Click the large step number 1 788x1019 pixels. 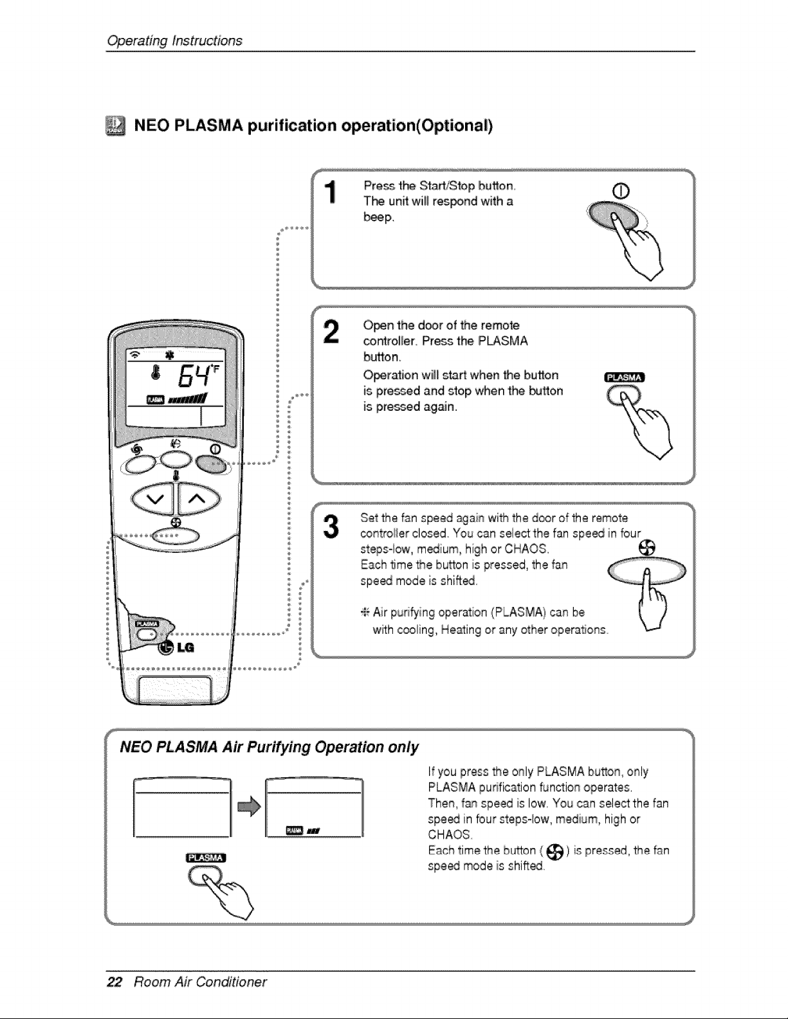(x=331, y=192)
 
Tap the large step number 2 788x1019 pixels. (x=331, y=332)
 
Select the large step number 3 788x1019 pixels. (x=331, y=526)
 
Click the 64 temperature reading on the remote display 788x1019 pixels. (x=192, y=375)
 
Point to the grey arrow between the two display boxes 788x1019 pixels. (x=249, y=806)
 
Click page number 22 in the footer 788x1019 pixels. (x=115, y=982)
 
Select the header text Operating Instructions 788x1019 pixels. (x=174, y=41)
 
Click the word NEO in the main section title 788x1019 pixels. (x=152, y=125)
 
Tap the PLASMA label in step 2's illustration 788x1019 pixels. (x=625, y=377)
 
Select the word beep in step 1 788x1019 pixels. (x=378, y=217)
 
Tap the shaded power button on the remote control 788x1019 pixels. (x=210, y=464)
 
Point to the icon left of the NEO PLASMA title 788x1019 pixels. (x=116, y=125)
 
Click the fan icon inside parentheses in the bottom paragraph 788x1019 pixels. (x=554, y=852)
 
